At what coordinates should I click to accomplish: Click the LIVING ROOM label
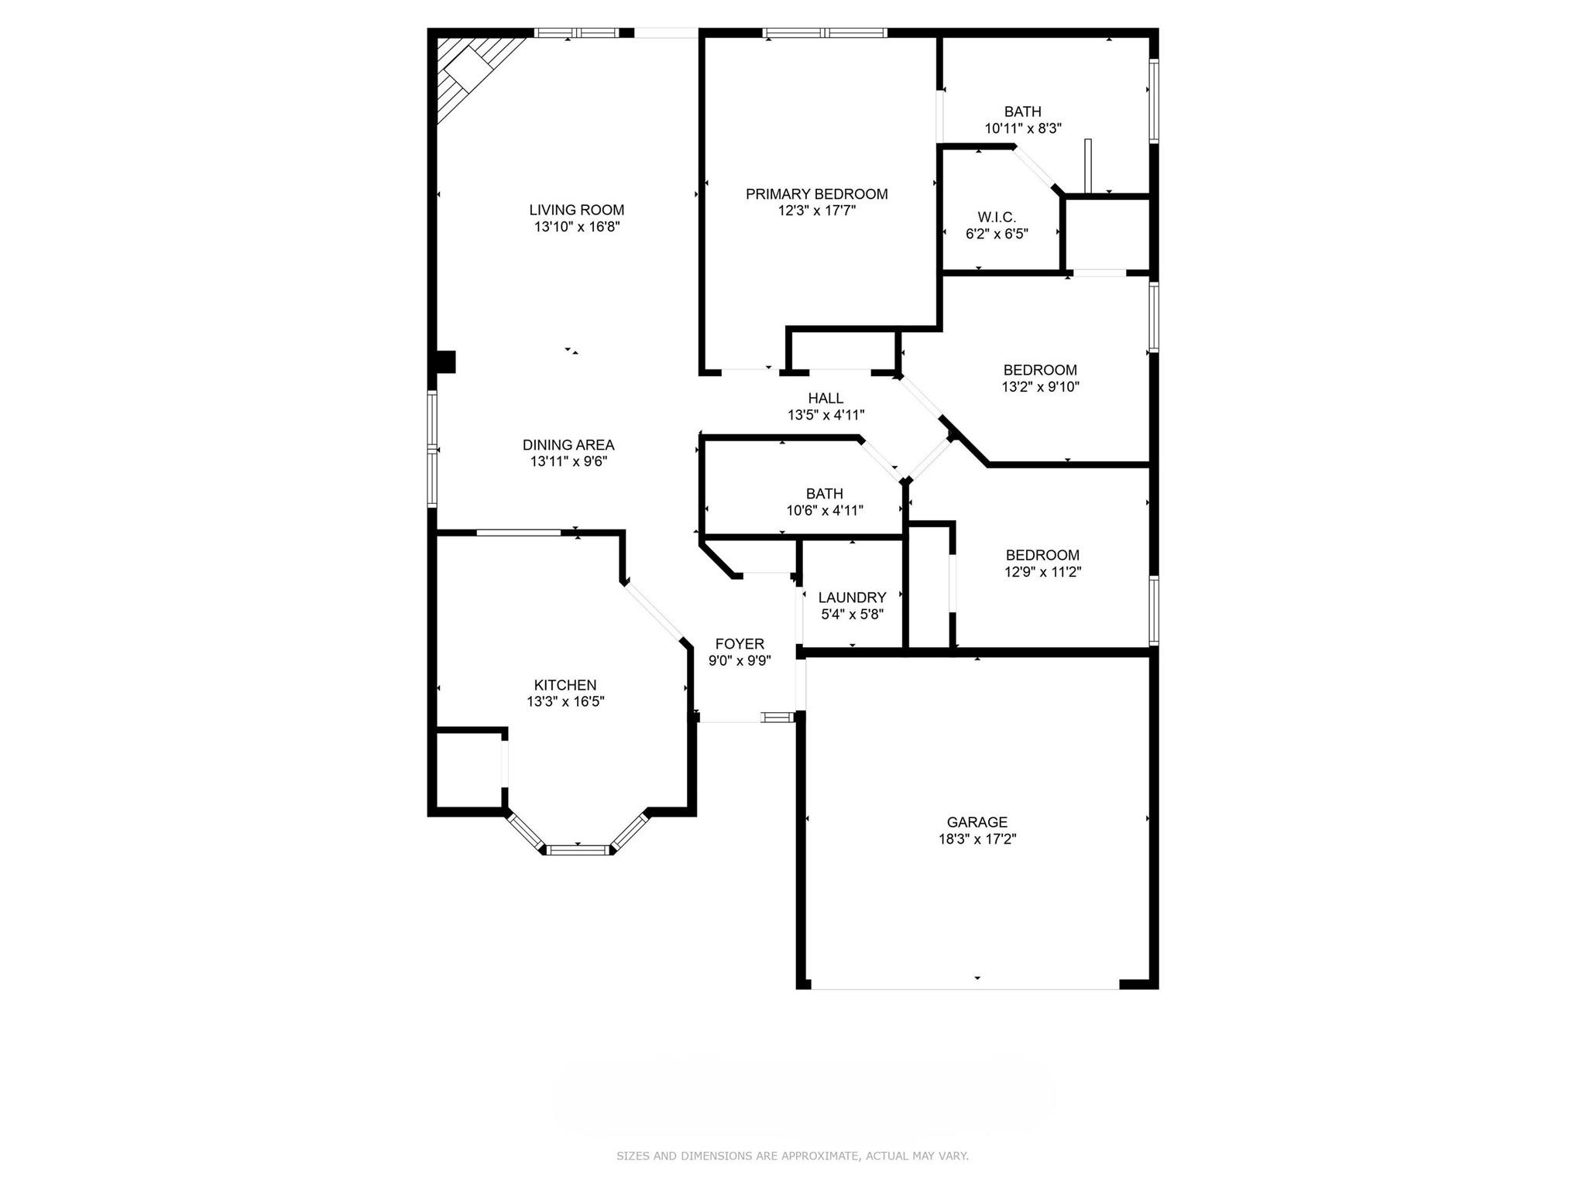pyautogui.click(x=576, y=210)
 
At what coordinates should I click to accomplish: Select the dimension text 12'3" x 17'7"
pyautogui.click(x=816, y=211)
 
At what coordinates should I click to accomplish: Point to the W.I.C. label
pyautogui.click(x=996, y=218)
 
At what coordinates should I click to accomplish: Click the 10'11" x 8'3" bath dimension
pyautogui.click(x=1022, y=128)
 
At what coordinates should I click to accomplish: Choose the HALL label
pyautogui.click(x=826, y=398)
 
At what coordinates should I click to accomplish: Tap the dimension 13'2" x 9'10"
pyautogui.click(x=1040, y=386)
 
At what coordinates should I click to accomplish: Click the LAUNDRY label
pyautogui.click(x=852, y=598)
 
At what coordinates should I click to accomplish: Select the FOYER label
pyautogui.click(x=740, y=644)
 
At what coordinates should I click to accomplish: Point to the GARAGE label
pyautogui.click(x=977, y=822)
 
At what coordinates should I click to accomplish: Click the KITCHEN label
pyautogui.click(x=565, y=685)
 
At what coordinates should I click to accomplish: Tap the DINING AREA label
pyautogui.click(x=568, y=445)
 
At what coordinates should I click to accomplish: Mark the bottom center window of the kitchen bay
pyautogui.click(x=578, y=850)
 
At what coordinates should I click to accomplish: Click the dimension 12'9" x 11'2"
pyautogui.click(x=1042, y=572)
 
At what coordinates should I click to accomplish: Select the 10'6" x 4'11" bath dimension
pyautogui.click(x=824, y=510)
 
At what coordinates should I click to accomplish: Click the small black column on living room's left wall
pyautogui.click(x=445, y=362)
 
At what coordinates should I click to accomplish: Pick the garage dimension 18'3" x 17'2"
pyautogui.click(x=977, y=839)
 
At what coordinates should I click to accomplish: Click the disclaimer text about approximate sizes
pyautogui.click(x=792, y=1156)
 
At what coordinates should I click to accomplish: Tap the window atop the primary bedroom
pyautogui.click(x=824, y=33)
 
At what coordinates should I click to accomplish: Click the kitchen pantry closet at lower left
pyautogui.click(x=469, y=770)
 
